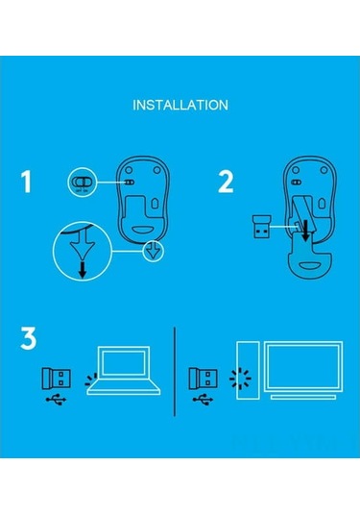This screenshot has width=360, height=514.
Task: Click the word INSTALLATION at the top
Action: pos(180,104)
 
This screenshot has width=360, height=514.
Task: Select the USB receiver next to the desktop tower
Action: pos(204,377)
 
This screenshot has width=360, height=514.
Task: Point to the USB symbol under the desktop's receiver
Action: pos(202,400)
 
